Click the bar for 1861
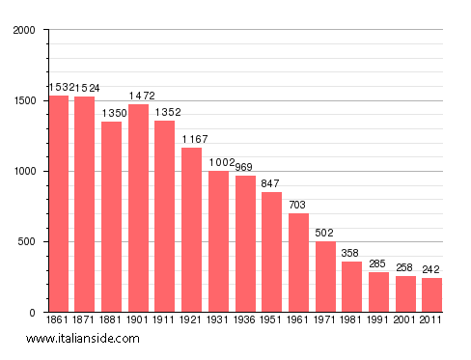click(59, 204)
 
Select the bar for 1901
click(139, 208)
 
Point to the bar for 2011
click(431, 294)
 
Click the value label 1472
click(139, 96)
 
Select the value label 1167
click(193, 139)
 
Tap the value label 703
click(298, 205)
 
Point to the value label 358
click(351, 253)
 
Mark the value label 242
click(431, 269)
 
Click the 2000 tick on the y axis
click(24, 31)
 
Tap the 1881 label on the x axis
click(112, 319)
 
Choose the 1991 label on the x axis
click(378, 319)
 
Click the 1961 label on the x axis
click(298, 319)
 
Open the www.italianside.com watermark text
click(83, 339)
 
